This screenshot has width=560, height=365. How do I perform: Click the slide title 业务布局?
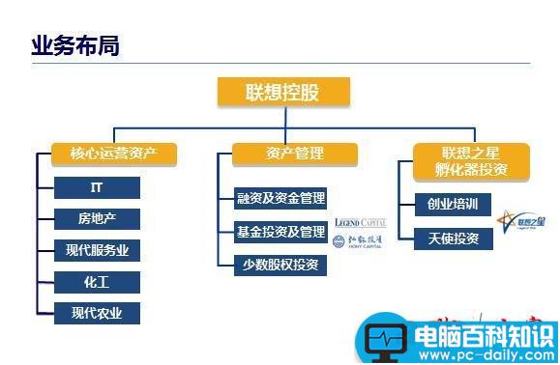click(x=75, y=44)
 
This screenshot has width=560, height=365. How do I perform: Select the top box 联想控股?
click(x=282, y=93)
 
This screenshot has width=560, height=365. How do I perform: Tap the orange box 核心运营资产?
click(x=113, y=154)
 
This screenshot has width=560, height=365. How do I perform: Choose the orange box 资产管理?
click(x=294, y=154)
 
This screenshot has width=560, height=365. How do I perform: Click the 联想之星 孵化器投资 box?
click(x=471, y=160)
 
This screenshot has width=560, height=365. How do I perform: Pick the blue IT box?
click(x=97, y=188)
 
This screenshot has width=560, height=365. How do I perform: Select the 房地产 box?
click(x=97, y=219)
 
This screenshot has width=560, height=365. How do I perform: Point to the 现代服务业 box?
click(x=97, y=251)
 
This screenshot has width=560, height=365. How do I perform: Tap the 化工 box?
click(x=97, y=282)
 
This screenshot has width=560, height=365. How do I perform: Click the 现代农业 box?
click(x=97, y=313)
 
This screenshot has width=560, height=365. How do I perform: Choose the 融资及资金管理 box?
click(x=280, y=199)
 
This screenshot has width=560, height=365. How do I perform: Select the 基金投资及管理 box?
click(x=280, y=232)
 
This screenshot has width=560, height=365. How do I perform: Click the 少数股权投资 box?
click(x=280, y=264)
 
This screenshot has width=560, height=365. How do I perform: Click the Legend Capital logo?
click(x=359, y=223)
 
